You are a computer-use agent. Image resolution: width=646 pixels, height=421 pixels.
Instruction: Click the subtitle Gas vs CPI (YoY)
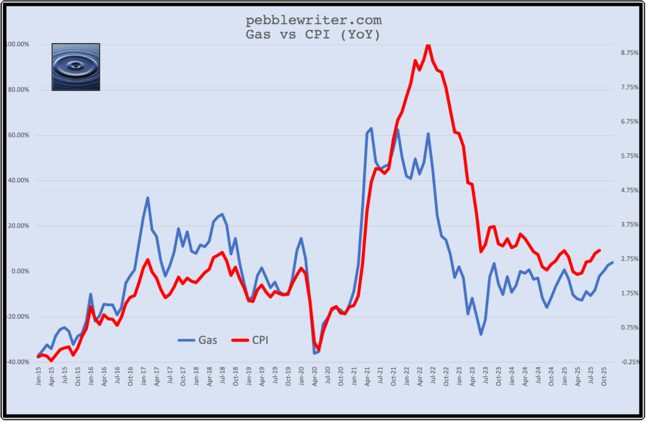click(x=313, y=35)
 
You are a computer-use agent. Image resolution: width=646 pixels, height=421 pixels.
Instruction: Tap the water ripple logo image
click(x=76, y=67)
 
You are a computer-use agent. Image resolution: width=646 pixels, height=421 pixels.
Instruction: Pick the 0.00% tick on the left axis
click(x=19, y=272)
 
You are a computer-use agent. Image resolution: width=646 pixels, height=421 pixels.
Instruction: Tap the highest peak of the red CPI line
click(x=428, y=45)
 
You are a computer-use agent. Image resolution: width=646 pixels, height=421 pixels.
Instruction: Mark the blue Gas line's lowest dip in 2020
click(x=315, y=353)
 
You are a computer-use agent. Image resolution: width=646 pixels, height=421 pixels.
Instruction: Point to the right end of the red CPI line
click(x=599, y=250)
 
